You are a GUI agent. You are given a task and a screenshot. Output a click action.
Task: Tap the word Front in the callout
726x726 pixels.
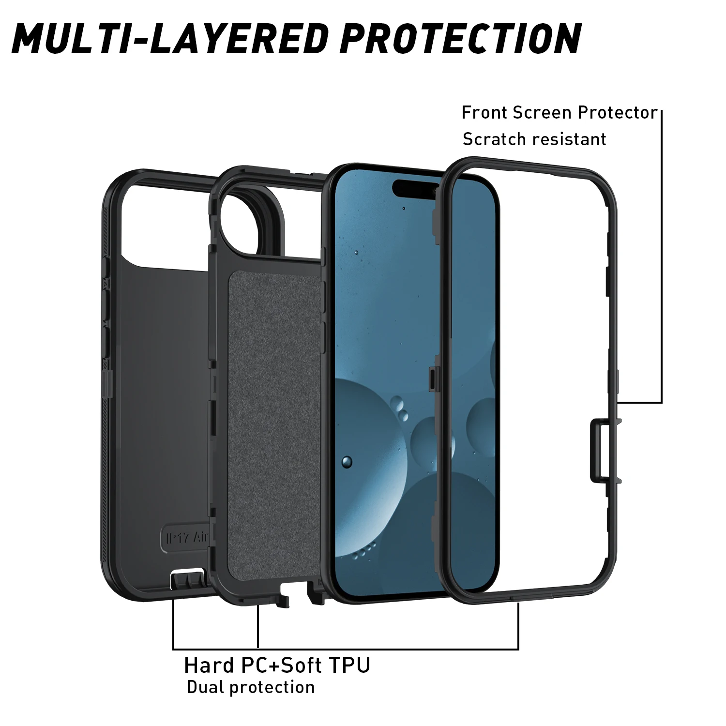click(x=484, y=113)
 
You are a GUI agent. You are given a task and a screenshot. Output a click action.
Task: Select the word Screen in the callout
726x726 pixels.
click(x=543, y=113)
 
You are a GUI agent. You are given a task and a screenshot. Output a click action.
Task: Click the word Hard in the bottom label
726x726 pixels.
click(x=209, y=665)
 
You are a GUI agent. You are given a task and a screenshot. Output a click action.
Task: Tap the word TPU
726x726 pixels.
click(x=349, y=665)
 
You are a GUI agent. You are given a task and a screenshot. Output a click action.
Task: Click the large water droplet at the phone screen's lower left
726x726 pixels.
click(x=347, y=462)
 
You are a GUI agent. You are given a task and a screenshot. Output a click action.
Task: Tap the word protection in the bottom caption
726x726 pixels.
click(x=272, y=687)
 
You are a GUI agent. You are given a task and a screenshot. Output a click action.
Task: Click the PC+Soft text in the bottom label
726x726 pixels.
click(x=281, y=665)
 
